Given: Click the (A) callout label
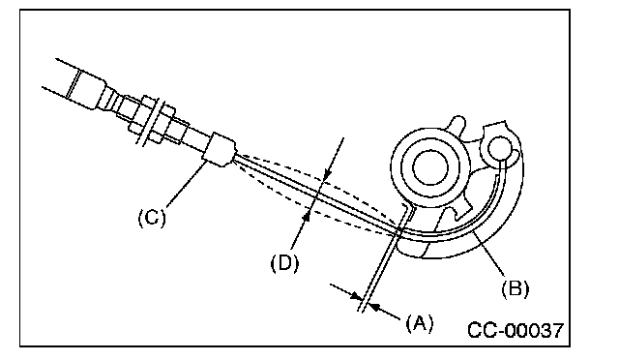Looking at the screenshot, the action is pos(419,323).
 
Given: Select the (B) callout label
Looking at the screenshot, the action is pos(515,288).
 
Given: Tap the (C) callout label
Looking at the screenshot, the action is pos(152,217).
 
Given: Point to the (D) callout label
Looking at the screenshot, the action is pos(284,263).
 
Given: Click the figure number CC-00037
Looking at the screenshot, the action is pos(516,330).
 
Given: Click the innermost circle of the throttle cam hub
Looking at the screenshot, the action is pos(430,168).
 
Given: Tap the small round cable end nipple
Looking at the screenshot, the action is pos(500,148).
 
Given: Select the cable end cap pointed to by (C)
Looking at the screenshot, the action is pos(219,150).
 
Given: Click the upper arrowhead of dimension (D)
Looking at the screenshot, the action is pos(328,174).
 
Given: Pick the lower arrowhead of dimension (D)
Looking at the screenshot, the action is pos(307,217).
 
